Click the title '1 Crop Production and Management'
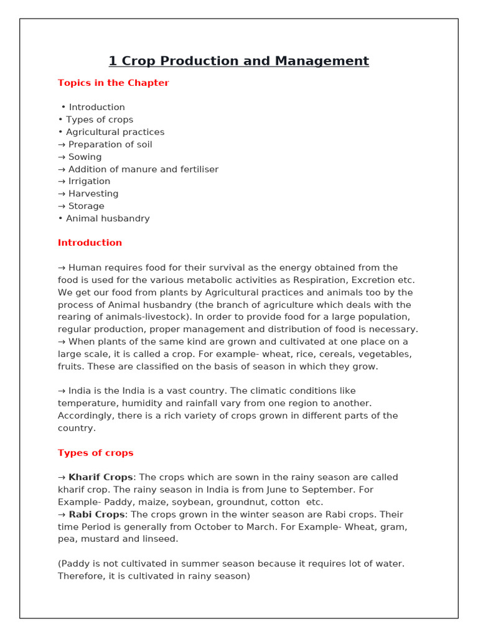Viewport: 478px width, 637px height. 238,61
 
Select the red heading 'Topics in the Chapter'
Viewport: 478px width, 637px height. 113,83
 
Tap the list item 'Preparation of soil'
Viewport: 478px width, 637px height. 110,144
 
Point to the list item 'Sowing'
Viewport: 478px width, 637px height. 85,157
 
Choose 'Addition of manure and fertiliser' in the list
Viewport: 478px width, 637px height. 143,169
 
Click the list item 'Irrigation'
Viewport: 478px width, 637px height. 89,181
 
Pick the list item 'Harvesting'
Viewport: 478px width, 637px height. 93,193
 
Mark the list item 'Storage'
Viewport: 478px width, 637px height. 86,206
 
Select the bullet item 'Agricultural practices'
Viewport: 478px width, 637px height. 115,132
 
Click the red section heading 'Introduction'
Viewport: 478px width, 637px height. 90,243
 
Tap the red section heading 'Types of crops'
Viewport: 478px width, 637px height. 95,453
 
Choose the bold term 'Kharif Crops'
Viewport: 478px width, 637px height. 100,477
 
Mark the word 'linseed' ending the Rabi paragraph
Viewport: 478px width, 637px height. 159,539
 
